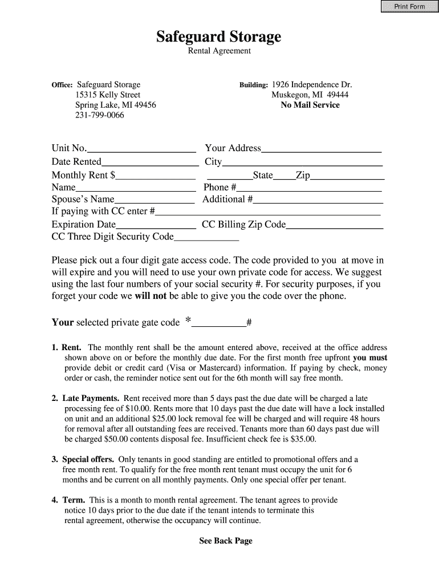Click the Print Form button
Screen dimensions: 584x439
[409, 6]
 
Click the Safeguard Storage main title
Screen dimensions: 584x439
[219, 37]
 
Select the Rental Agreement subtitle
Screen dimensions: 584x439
[219, 51]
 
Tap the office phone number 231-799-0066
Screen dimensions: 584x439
[100, 115]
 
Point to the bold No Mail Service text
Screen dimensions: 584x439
[310, 105]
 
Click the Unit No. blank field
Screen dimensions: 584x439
[141, 149]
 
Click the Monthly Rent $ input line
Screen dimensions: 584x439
[155, 176]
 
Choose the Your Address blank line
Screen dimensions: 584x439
[321, 149]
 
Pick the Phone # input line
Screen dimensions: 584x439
[309, 188]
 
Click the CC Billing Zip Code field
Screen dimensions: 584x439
[334, 225]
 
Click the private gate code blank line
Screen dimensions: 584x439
[219, 323]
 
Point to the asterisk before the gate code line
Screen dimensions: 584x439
[188, 321]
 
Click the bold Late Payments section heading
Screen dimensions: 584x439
[91, 398]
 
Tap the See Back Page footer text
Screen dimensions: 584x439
[225, 541]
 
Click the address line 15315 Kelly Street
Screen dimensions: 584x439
[108, 95]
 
